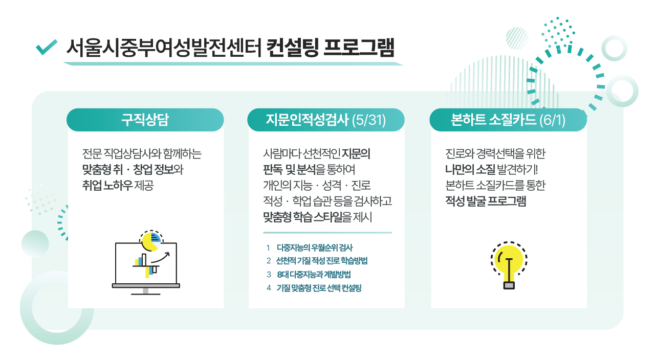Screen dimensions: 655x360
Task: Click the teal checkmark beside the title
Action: coord(46,48)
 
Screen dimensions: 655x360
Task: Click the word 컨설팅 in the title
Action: coord(292,48)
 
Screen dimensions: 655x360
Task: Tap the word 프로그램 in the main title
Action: coord(359,48)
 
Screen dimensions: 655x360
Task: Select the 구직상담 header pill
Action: coord(145,120)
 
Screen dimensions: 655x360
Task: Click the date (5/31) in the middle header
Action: coord(369,120)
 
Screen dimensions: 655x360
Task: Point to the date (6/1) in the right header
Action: coord(552,120)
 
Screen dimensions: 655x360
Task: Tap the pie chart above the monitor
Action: coord(151,241)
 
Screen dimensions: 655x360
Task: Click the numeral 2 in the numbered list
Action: coord(269,261)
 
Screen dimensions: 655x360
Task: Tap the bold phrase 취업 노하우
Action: coord(107,185)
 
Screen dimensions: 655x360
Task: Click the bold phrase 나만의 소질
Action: coord(470,169)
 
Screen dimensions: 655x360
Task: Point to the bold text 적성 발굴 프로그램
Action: coord(486,201)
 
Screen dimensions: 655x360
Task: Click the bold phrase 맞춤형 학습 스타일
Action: coord(302,217)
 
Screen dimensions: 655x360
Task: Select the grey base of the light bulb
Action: coord(509,285)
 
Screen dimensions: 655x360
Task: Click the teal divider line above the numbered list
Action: coord(327,233)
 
